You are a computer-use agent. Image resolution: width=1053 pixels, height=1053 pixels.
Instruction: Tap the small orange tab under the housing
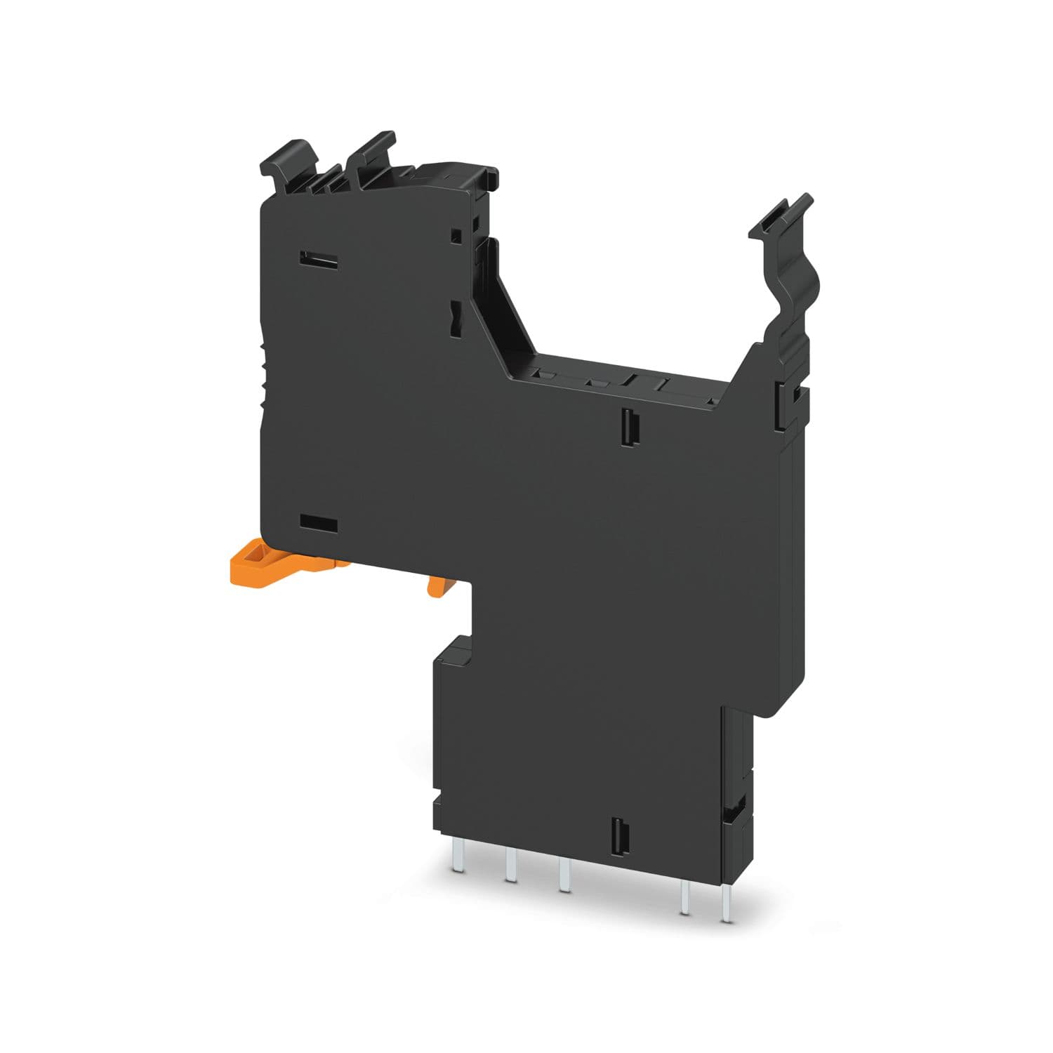pos(437,585)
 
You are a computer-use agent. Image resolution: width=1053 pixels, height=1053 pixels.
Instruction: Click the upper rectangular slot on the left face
pos(319,258)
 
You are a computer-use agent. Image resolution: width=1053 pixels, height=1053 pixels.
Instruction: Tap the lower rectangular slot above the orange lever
pos(319,524)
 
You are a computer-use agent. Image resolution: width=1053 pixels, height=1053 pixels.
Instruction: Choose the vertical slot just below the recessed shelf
pos(627,425)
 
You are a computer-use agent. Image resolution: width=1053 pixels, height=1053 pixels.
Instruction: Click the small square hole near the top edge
pos(457,233)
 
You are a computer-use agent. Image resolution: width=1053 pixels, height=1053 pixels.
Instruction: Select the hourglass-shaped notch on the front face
pos(455,316)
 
